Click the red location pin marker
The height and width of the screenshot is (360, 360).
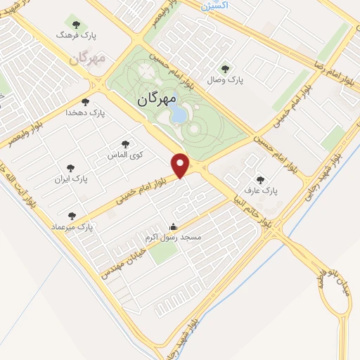[182, 165]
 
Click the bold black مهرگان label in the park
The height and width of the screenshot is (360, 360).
[155, 99]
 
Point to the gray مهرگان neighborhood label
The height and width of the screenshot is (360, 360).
[87, 58]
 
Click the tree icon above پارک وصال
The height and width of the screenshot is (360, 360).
[225, 68]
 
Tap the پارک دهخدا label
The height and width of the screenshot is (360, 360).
[85, 112]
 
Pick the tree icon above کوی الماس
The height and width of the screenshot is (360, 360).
[126, 143]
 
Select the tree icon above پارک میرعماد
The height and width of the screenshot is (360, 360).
[71, 215]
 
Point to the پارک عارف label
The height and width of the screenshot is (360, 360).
[261, 191]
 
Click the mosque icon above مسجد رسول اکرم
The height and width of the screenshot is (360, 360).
[173, 226]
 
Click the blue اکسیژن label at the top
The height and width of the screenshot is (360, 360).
[215, 6]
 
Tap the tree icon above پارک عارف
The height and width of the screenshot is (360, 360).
[261, 180]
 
